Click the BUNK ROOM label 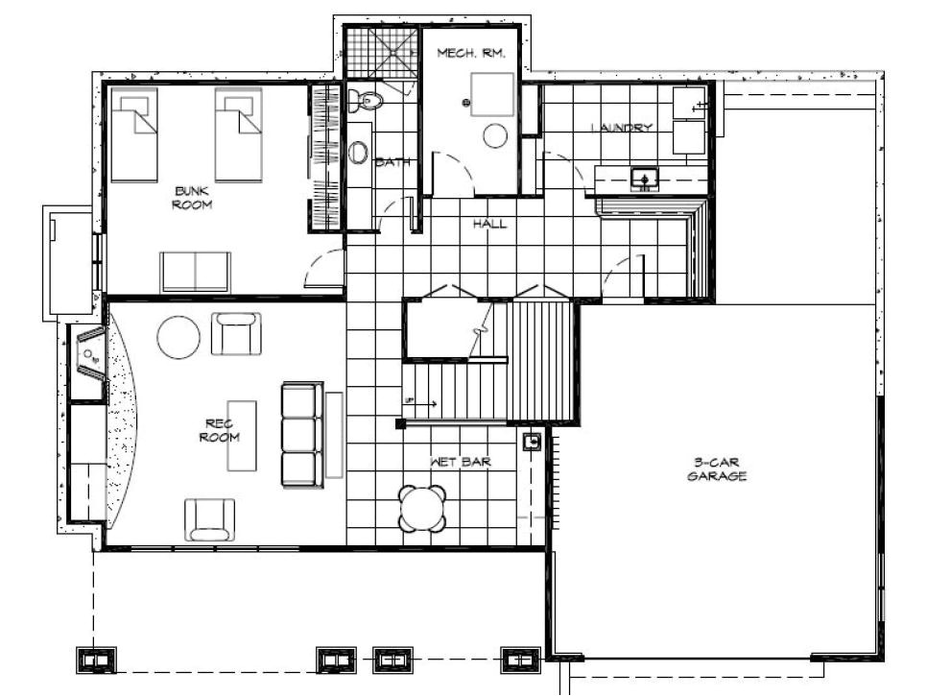tap(192, 198)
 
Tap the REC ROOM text tap(219, 430)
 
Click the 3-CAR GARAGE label tap(716, 468)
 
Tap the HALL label tap(489, 224)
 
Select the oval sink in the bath tap(358, 152)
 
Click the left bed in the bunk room tap(134, 134)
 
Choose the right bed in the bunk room tap(239, 134)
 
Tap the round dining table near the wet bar tap(422, 509)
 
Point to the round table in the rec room tap(178, 337)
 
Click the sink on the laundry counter tap(644, 178)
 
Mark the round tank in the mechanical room tap(495, 135)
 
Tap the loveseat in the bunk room tap(195, 271)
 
